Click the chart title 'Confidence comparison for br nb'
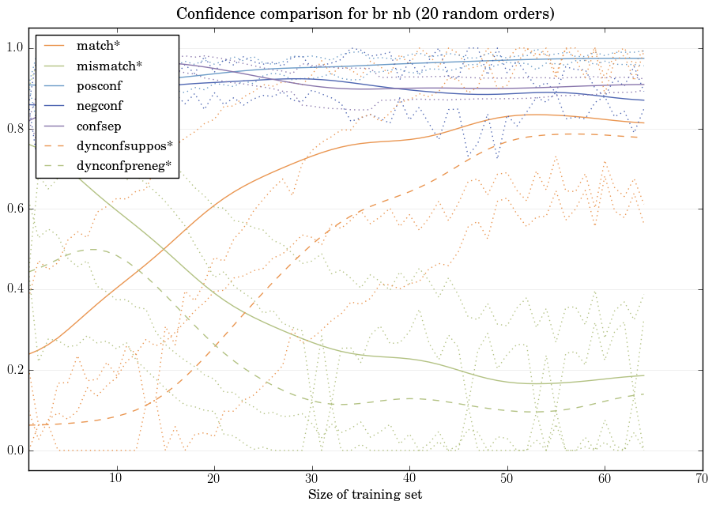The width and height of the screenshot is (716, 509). point(365,13)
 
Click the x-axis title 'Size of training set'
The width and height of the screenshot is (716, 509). point(364,495)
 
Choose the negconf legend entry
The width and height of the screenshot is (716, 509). point(100,105)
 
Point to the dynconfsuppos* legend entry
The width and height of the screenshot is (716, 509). point(123,145)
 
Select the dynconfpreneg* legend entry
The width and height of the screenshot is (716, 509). point(123,165)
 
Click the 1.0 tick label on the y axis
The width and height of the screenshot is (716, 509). point(15,48)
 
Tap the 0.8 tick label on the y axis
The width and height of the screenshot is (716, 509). point(15,129)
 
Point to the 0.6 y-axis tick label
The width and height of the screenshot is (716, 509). point(15,209)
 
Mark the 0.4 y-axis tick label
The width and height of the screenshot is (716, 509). point(15,290)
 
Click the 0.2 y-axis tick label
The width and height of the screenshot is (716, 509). point(15,371)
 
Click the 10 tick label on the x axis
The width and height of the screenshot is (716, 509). point(116,479)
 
